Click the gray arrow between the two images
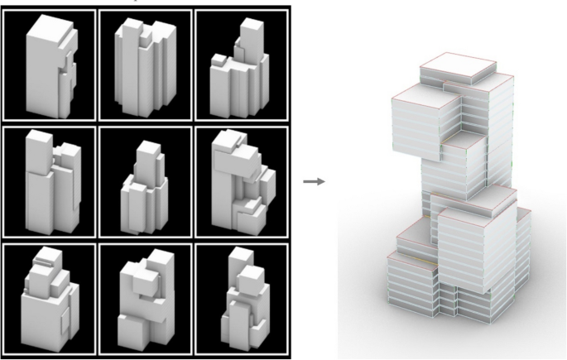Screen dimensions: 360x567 pos(313,181)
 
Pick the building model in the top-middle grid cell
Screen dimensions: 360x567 pos(146,70)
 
